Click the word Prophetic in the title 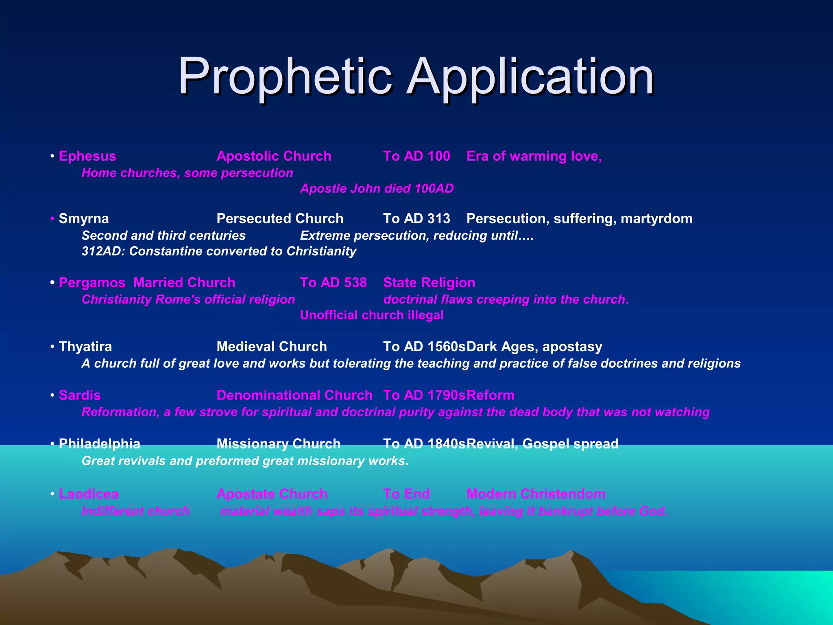tap(285, 76)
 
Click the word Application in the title tap(530, 76)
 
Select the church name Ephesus tap(87, 156)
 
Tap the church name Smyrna tap(84, 219)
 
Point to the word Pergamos tap(92, 283)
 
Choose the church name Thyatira tap(85, 347)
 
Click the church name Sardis tap(80, 395)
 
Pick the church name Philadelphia tap(100, 444)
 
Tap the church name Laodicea tap(89, 494)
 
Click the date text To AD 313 tap(416, 219)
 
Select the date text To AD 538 tap(333, 283)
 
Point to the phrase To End tap(406, 494)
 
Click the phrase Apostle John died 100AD tap(377, 189)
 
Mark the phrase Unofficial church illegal tap(372, 315)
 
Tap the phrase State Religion tap(429, 283)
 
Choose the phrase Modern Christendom tap(536, 494)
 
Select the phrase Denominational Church tap(294, 395)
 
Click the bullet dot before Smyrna tap(52, 219)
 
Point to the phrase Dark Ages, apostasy tap(534, 347)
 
